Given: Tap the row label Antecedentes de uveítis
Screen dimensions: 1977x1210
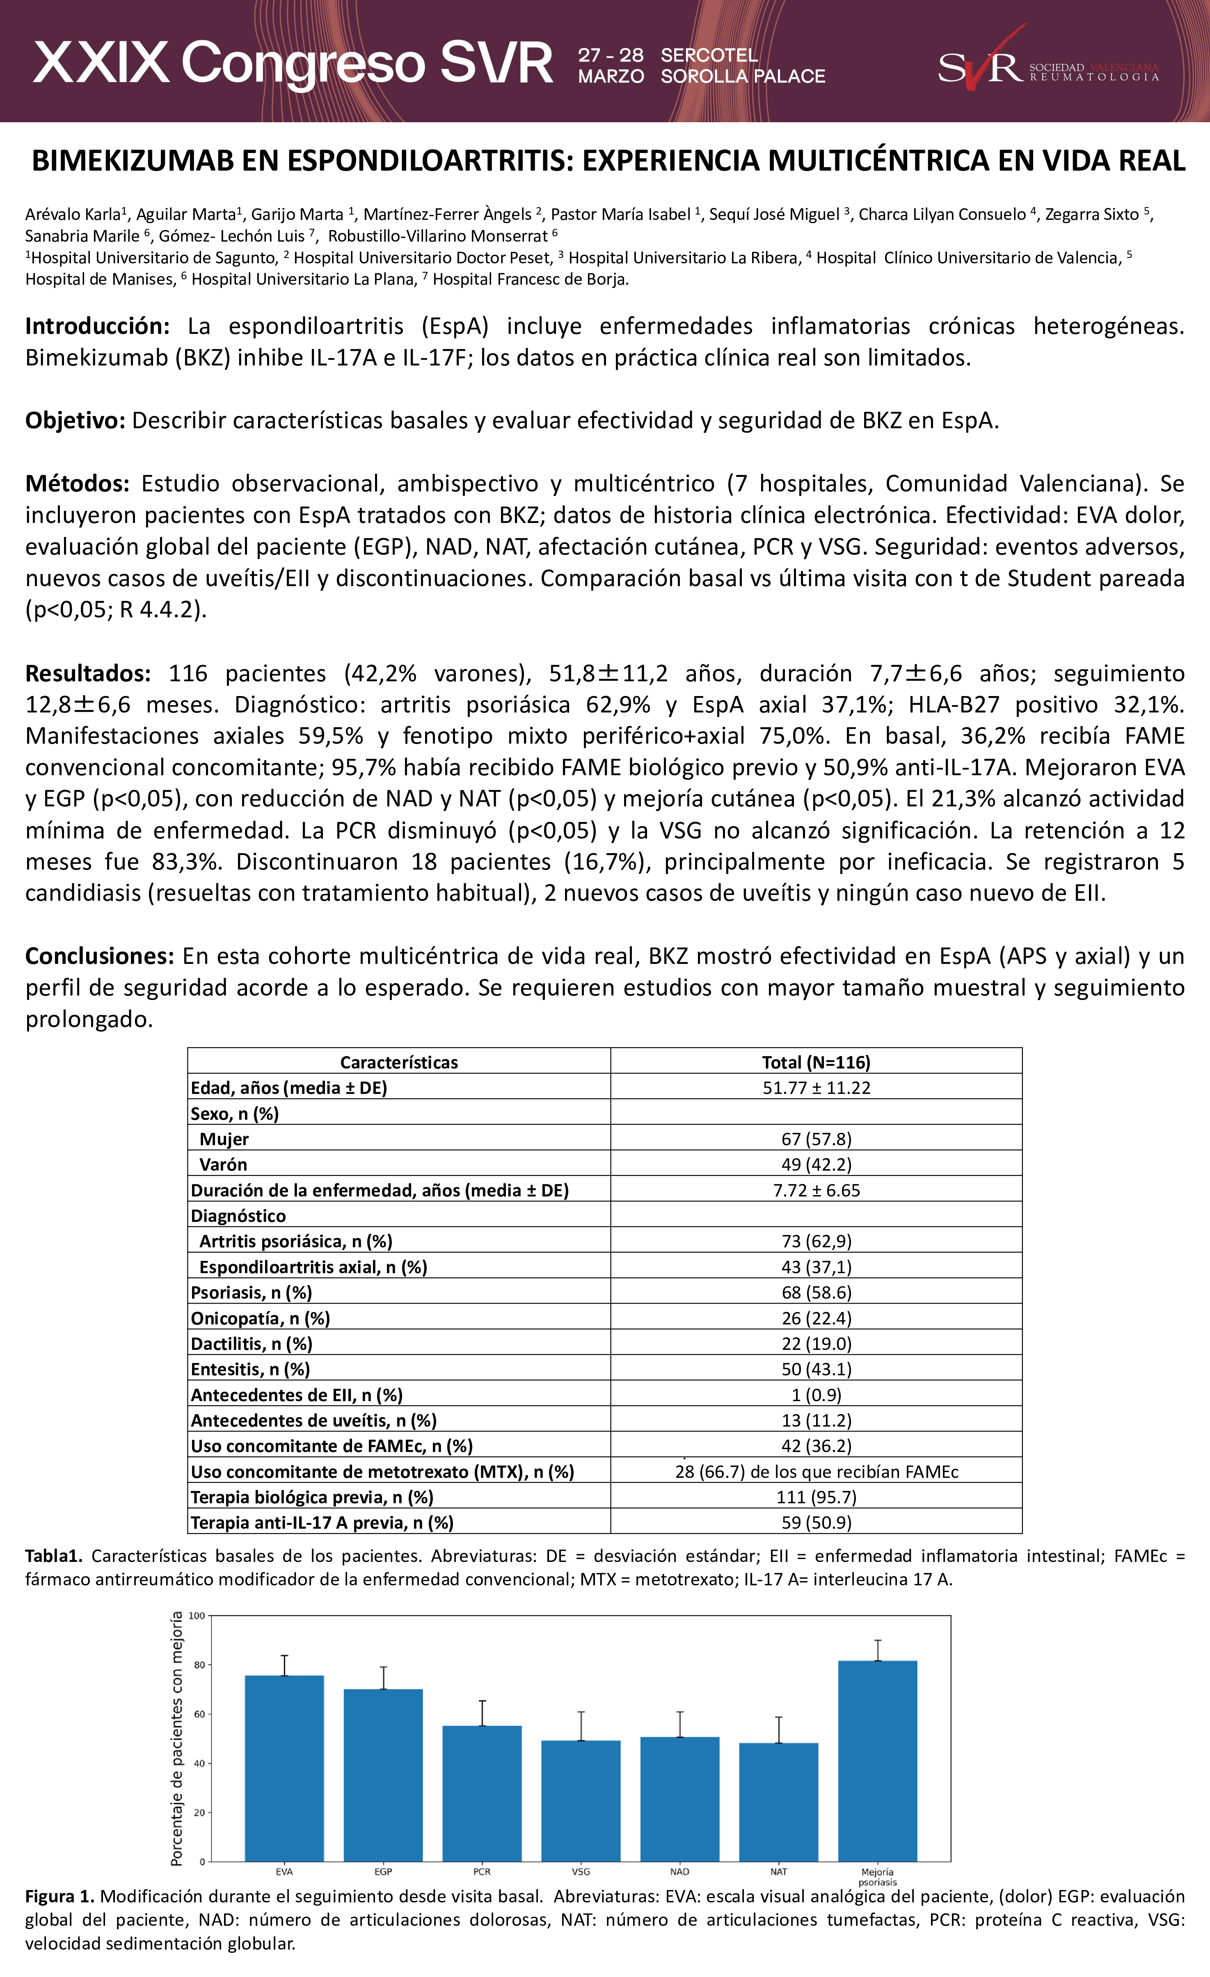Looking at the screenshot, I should [x=313, y=1421].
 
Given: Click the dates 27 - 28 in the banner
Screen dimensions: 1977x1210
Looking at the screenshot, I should [x=611, y=55].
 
